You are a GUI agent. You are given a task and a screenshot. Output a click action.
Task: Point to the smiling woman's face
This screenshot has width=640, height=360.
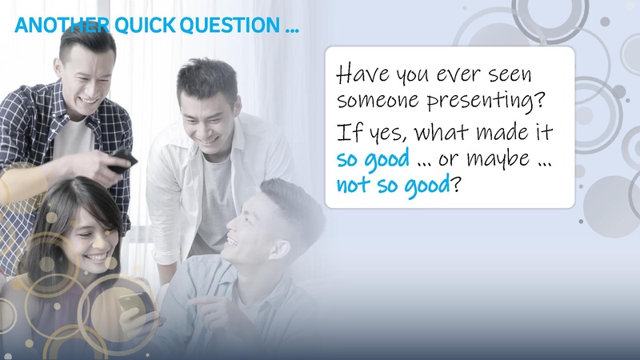pos(85,232)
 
